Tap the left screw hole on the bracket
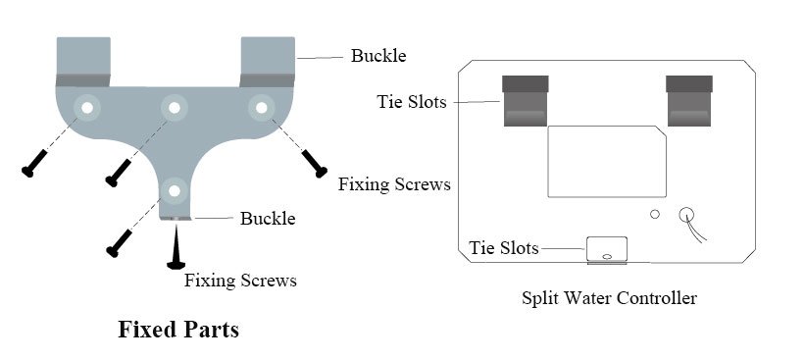pyautogui.click(x=86, y=106)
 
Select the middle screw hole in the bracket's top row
pyautogui.click(x=175, y=106)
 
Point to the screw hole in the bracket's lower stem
pyautogui.click(x=175, y=188)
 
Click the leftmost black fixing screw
pyautogui.click(x=33, y=162)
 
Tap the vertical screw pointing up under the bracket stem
pyautogui.click(x=176, y=245)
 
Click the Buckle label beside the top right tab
pyautogui.click(x=377, y=56)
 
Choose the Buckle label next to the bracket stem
pyautogui.click(x=268, y=218)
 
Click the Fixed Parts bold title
pyautogui.click(x=177, y=329)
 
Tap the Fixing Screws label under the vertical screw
pyautogui.click(x=240, y=281)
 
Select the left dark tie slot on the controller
pyautogui.click(x=526, y=101)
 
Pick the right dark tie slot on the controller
pyautogui.click(x=688, y=101)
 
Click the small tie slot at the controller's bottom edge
pyautogui.click(x=607, y=250)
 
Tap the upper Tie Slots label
pyautogui.click(x=413, y=102)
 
